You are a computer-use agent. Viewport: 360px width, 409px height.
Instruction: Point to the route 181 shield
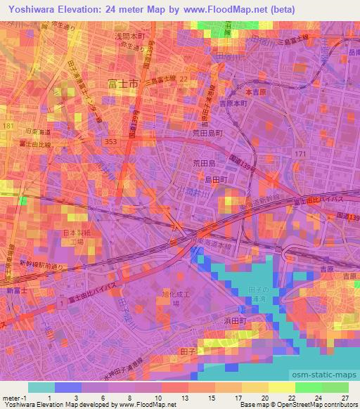coord(8,125)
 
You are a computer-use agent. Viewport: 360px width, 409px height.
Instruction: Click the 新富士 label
coord(14,290)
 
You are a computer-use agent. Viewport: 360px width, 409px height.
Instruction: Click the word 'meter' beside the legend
coord(12,396)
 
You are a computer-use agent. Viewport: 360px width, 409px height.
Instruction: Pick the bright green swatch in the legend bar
coord(308,387)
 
